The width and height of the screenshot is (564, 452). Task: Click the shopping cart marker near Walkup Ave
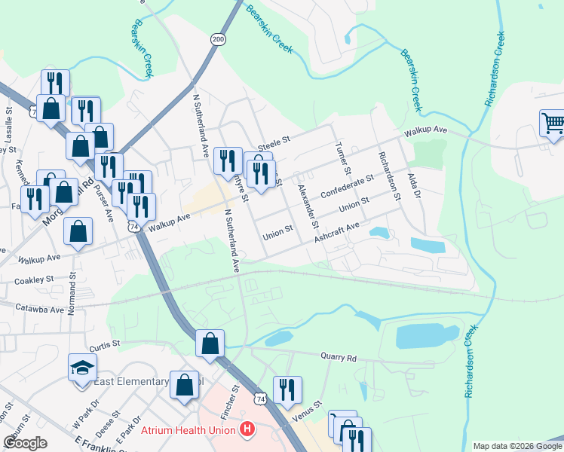click(x=553, y=124)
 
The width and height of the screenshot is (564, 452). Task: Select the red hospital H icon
click(x=246, y=431)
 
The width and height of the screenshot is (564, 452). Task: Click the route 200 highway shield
click(x=218, y=39)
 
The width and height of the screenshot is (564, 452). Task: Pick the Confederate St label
click(x=347, y=186)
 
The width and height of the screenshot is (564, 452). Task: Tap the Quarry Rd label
click(x=337, y=357)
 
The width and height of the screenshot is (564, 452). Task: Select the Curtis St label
click(x=105, y=345)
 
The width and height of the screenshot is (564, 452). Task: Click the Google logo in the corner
click(x=26, y=443)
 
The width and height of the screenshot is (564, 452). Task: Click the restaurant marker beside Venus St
click(x=287, y=389)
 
